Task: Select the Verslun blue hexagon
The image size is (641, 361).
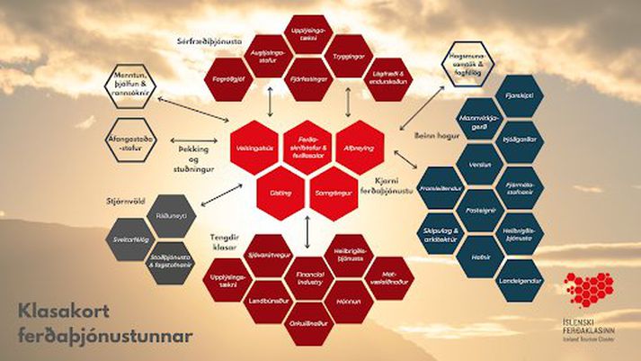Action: (478, 164)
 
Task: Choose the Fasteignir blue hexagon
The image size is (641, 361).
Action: (478, 209)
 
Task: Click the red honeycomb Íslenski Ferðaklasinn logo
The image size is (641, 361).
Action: (589, 291)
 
